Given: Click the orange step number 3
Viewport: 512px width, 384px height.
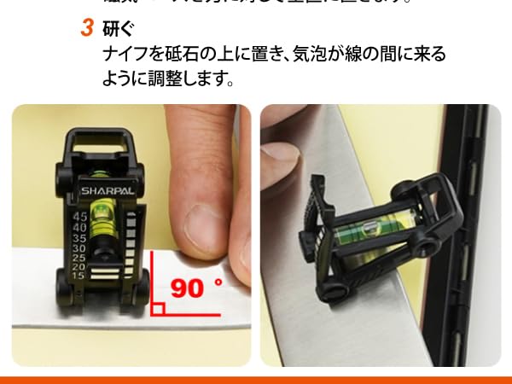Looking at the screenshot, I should click(86, 28).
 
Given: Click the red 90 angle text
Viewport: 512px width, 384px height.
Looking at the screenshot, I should click(189, 287).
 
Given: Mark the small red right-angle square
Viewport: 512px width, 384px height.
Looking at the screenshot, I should click(157, 308).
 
